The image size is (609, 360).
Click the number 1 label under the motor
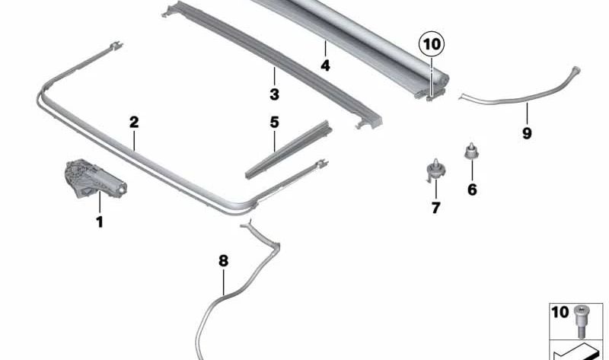pyautogui.click(x=98, y=222)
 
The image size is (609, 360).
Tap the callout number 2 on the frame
pyautogui.click(x=134, y=121)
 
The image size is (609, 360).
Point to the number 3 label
pyautogui.click(x=274, y=95)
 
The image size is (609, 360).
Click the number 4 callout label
pyautogui.click(x=325, y=65)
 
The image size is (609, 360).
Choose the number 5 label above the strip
pyautogui.click(x=274, y=122)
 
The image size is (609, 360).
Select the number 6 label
pyautogui.click(x=472, y=190)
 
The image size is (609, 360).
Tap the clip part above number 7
pyautogui.click(x=435, y=169)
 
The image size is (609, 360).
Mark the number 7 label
pyautogui.click(x=435, y=208)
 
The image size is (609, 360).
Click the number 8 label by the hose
pyautogui.click(x=222, y=261)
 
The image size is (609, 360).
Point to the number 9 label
pyautogui.click(x=527, y=133)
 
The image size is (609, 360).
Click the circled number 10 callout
pyautogui.click(x=431, y=45)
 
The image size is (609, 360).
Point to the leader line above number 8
pyautogui.click(x=223, y=282)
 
